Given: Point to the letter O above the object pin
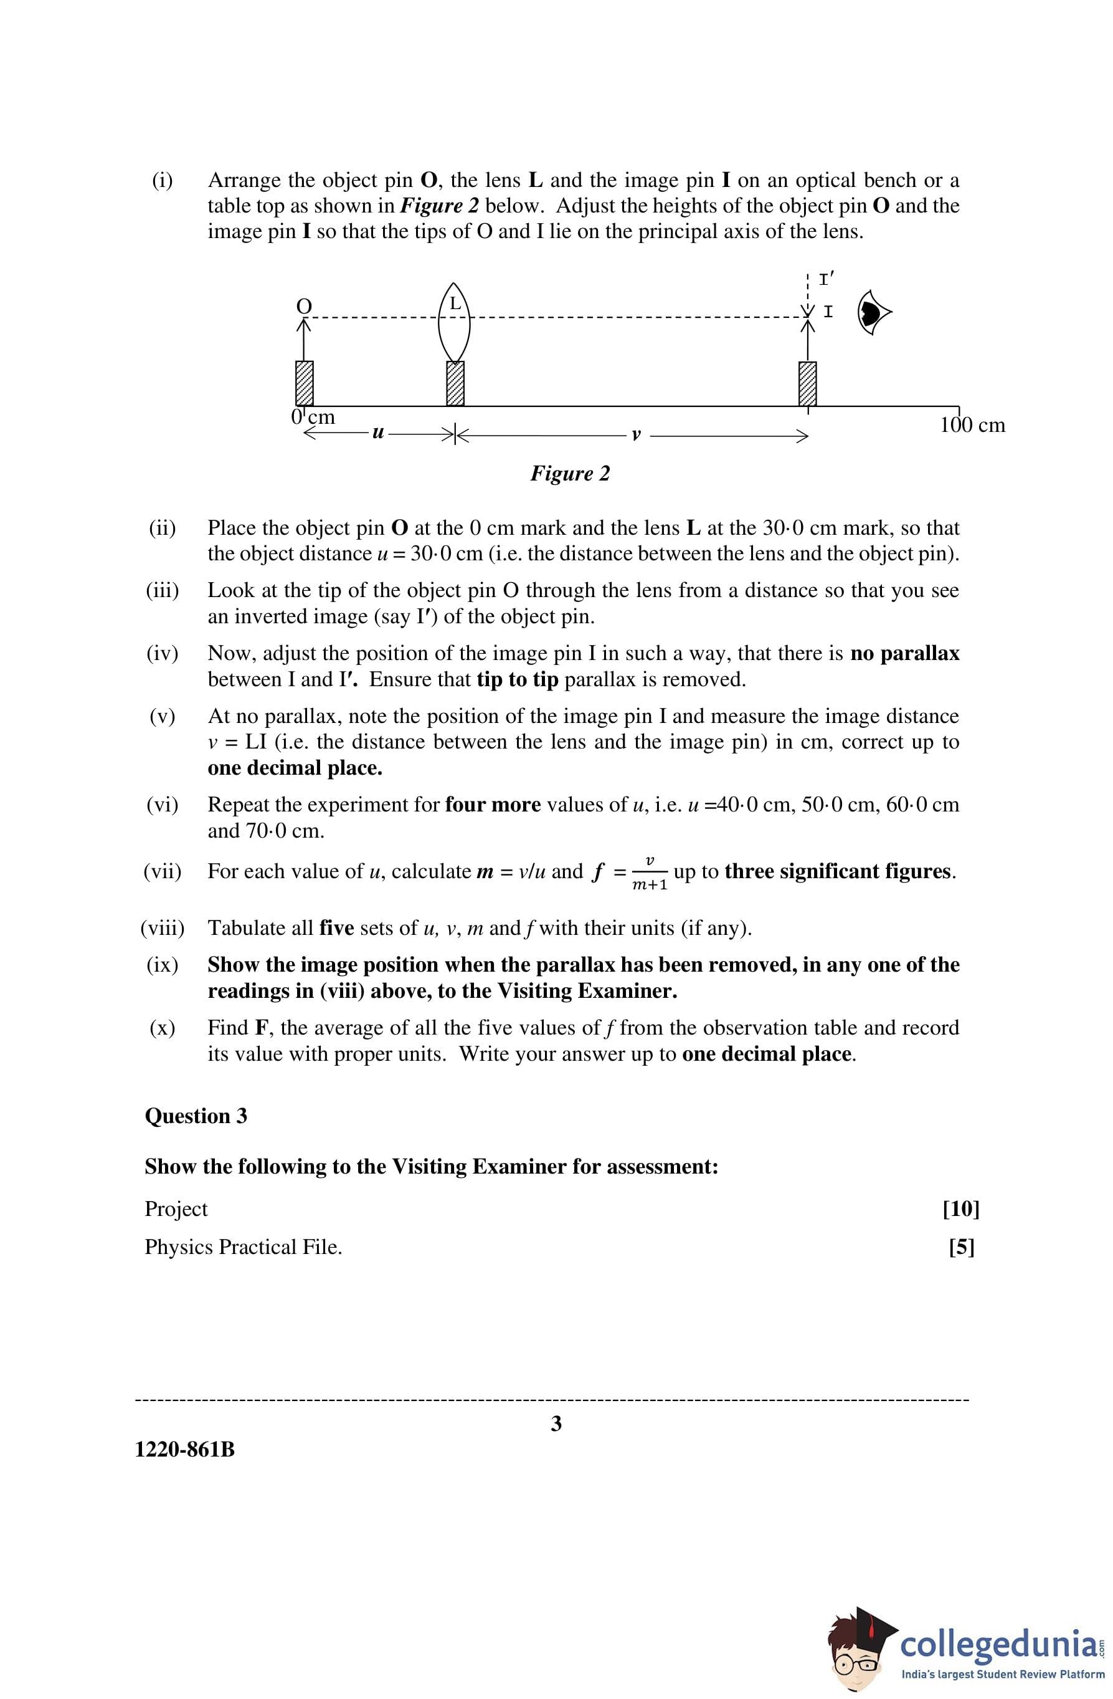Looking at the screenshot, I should coord(304,306).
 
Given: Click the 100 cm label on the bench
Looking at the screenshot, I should coord(972,426).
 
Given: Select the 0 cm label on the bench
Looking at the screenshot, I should coord(313,417).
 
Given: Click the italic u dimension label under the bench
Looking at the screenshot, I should coord(378,432).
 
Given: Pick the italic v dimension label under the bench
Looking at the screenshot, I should coord(637,434).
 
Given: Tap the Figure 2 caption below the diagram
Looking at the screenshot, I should coord(569,473).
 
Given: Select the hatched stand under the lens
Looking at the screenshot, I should coord(455,383).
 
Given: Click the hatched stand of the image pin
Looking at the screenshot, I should coord(807,383).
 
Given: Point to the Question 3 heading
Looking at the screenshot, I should coord(196,1116).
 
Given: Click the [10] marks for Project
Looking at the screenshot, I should coord(960,1208).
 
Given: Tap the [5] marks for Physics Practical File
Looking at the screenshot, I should coord(961,1247).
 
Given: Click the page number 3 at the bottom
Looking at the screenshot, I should coord(557,1424).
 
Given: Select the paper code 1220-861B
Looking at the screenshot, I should coord(185,1450).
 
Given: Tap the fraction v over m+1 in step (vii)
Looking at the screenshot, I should coord(649,873).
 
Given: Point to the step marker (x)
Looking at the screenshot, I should coord(162,1027).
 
